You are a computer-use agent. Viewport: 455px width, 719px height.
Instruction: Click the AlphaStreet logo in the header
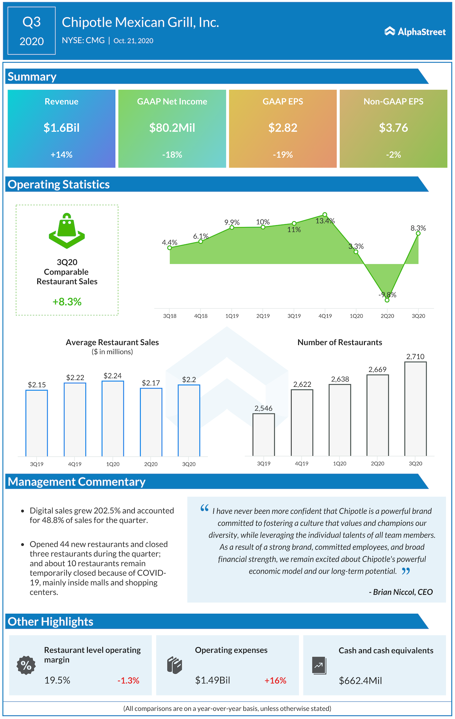(415, 32)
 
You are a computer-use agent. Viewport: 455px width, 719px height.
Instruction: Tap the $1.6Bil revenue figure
(61, 127)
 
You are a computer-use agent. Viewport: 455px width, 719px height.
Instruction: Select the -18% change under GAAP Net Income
(172, 155)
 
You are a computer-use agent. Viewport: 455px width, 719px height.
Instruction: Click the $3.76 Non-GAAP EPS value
(393, 127)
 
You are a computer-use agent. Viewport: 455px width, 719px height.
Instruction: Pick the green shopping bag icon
(67, 231)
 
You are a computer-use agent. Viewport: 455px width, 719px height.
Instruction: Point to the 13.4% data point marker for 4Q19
(325, 215)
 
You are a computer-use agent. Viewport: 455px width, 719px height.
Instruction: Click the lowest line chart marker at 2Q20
(387, 300)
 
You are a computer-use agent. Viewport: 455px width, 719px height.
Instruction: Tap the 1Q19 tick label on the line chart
(232, 316)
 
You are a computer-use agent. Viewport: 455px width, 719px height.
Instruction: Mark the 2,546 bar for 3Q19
(264, 434)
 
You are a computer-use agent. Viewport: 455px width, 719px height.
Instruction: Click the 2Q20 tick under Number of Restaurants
(378, 464)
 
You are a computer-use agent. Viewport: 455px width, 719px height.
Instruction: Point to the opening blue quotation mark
(204, 508)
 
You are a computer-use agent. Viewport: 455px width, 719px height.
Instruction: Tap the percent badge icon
(26, 665)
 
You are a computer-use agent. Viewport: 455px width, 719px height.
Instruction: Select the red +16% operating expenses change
(275, 681)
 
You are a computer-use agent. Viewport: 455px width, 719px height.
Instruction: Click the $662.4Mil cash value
(360, 681)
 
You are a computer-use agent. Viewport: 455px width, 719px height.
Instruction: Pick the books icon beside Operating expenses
(175, 665)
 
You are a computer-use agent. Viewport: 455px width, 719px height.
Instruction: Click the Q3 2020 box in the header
(32, 31)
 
